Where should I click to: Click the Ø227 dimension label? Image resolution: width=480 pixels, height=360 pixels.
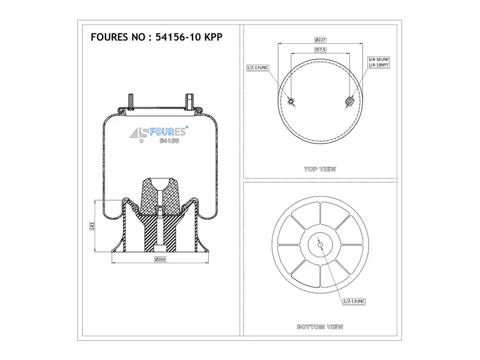[x=320, y=40]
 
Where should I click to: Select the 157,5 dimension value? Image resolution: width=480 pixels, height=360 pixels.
[x=320, y=50]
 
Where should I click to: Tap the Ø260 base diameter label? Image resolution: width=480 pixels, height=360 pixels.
[x=160, y=259]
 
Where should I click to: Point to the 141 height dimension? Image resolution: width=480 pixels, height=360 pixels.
[x=92, y=226]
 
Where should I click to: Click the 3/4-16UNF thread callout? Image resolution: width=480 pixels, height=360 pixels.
[x=379, y=59]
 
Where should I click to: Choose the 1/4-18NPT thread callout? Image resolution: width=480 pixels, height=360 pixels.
[x=379, y=65]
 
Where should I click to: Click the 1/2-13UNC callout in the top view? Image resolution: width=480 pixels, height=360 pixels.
[x=258, y=68]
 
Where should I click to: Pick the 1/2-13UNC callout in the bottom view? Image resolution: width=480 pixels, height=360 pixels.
[x=354, y=302]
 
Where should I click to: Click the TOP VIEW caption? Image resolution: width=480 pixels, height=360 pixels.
[x=320, y=169]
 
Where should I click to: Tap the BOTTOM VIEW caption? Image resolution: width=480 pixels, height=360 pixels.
[x=320, y=327]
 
